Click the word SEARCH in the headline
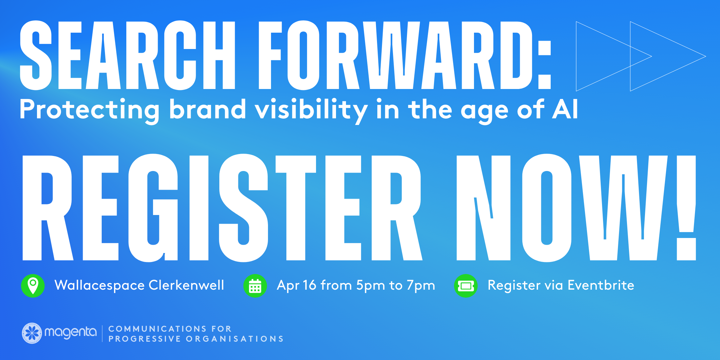click(128, 55)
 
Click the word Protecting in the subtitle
click(90, 110)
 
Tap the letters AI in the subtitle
click(565, 109)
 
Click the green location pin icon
click(33, 286)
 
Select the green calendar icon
click(255, 286)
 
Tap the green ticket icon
click(466, 286)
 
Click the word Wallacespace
click(100, 286)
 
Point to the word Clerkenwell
click(186, 285)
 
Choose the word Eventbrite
click(601, 285)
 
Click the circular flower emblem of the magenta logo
click(32, 333)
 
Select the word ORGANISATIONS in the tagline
click(235, 339)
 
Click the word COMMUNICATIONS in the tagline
click(157, 329)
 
